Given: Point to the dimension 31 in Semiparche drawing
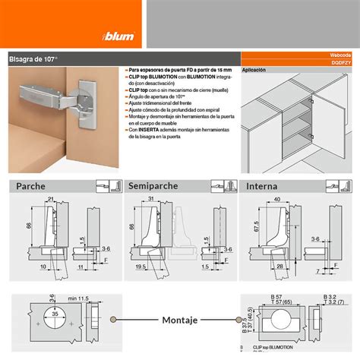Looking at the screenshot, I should pos(151,199).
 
